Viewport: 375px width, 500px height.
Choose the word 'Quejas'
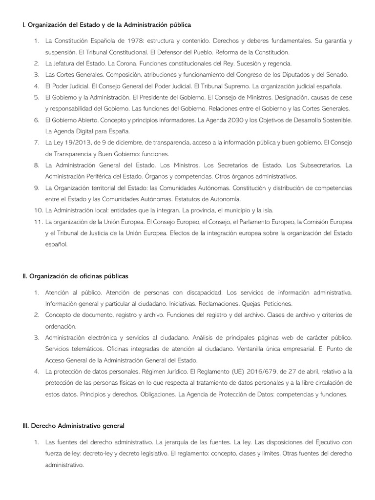click(x=252, y=304)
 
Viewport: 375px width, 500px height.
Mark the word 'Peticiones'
click(x=278, y=304)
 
